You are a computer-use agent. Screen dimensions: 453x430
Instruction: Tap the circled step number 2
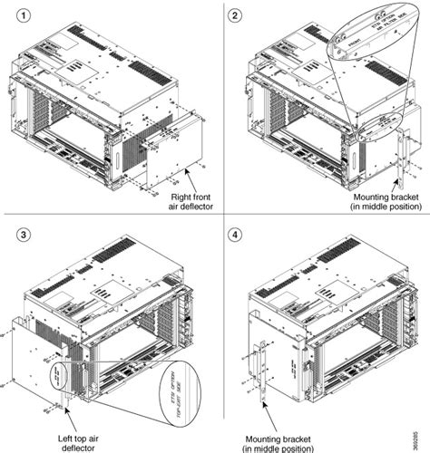[x=236, y=15]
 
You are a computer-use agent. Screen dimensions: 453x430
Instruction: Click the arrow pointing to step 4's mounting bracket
[x=264, y=419]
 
